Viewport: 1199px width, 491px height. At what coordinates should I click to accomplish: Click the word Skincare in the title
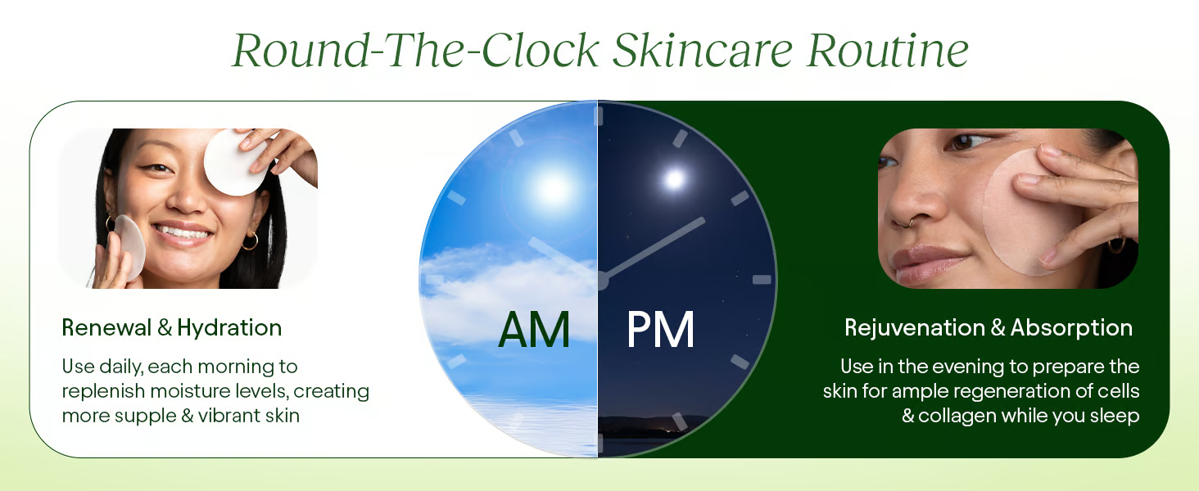pos(702,50)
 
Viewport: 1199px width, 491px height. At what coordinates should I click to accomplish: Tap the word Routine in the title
pos(888,50)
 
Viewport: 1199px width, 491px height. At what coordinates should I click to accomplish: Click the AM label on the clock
pos(534,330)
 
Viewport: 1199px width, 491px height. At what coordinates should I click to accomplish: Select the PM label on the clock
pos(661,330)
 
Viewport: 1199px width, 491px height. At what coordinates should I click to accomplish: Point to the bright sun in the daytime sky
pos(552,188)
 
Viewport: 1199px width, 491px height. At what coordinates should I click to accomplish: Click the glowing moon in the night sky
pos(674,178)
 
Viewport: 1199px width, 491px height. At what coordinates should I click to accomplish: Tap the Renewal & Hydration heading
pos(172,327)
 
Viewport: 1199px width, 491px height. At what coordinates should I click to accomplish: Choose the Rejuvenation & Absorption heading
pos(988,327)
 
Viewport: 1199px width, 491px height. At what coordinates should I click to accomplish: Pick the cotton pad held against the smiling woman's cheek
pos(129,246)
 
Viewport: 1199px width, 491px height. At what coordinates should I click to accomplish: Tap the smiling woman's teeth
pos(183,232)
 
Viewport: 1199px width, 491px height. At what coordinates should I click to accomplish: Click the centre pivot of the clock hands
pos(599,280)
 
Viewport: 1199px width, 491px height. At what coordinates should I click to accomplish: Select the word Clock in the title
pos(540,50)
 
